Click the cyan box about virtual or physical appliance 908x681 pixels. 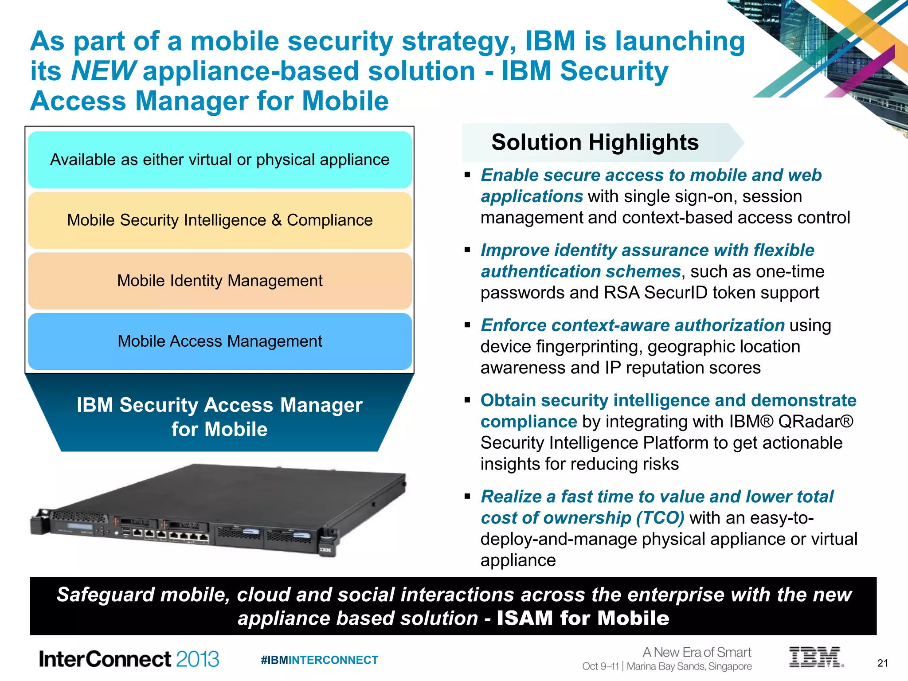pos(220,160)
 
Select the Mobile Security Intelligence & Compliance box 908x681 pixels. pos(220,220)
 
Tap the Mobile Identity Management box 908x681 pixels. pos(220,281)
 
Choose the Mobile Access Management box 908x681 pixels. pos(220,341)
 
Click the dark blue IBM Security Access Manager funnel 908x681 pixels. pos(219,417)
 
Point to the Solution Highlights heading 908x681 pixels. pos(595,142)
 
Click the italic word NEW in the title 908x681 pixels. pos(103,71)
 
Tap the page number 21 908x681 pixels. pos(883,663)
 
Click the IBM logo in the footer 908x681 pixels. pos(815,657)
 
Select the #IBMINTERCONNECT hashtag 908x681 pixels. pos(319,660)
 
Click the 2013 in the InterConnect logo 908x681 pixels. pos(197,659)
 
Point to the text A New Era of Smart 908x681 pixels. pos(697,652)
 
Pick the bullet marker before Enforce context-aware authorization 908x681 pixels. pos(467,325)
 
